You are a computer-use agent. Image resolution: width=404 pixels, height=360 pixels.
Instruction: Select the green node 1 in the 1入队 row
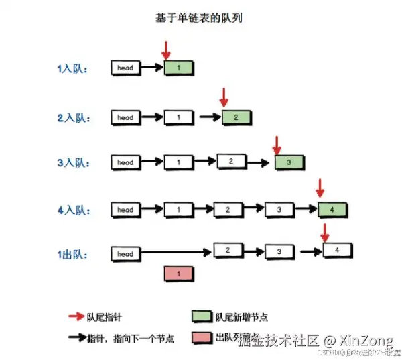click(179, 68)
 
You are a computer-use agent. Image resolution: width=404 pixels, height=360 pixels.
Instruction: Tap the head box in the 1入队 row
click(125, 68)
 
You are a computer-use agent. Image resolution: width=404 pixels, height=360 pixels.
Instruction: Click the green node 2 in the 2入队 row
click(237, 117)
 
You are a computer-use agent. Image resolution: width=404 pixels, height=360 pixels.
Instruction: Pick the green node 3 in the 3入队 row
click(289, 162)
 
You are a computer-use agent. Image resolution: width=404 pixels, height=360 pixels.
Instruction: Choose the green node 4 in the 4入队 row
click(332, 210)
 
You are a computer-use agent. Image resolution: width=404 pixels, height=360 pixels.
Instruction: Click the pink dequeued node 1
click(178, 273)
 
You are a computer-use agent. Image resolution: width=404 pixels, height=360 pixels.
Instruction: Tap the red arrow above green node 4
click(320, 188)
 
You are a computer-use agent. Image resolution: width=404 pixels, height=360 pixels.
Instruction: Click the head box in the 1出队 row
click(125, 255)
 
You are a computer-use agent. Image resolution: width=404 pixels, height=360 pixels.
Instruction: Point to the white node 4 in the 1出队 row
click(337, 251)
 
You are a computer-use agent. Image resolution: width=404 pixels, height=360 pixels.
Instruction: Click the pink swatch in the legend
click(202, 338)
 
